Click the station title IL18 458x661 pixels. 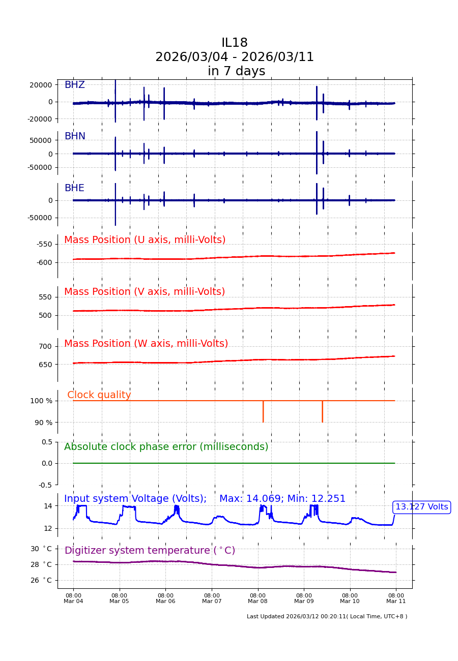point(235,43)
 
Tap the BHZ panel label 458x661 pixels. point(74,85)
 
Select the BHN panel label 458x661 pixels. point(75,137)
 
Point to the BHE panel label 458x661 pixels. point(74,189)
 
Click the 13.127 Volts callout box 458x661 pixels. point(421,507)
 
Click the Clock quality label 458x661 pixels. point(99,396)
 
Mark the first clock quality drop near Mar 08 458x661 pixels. point(263,412)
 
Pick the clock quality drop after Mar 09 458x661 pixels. point(322,412)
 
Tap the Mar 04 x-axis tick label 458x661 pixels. point(73,598)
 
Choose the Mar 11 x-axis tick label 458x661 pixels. point(396,598)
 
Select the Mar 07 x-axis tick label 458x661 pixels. point(212,598)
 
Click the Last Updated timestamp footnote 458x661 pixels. point(327,617)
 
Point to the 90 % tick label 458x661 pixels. point(43,423)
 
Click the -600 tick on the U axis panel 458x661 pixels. point(44,263)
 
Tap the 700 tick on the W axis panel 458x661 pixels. point(45,347)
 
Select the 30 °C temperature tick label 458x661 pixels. point(41,549)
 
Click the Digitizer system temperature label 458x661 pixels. point(150,551)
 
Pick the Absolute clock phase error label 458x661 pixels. point(166,447)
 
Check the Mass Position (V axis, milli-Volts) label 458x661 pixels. point(145,292)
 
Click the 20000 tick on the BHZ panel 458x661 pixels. point(40,85)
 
